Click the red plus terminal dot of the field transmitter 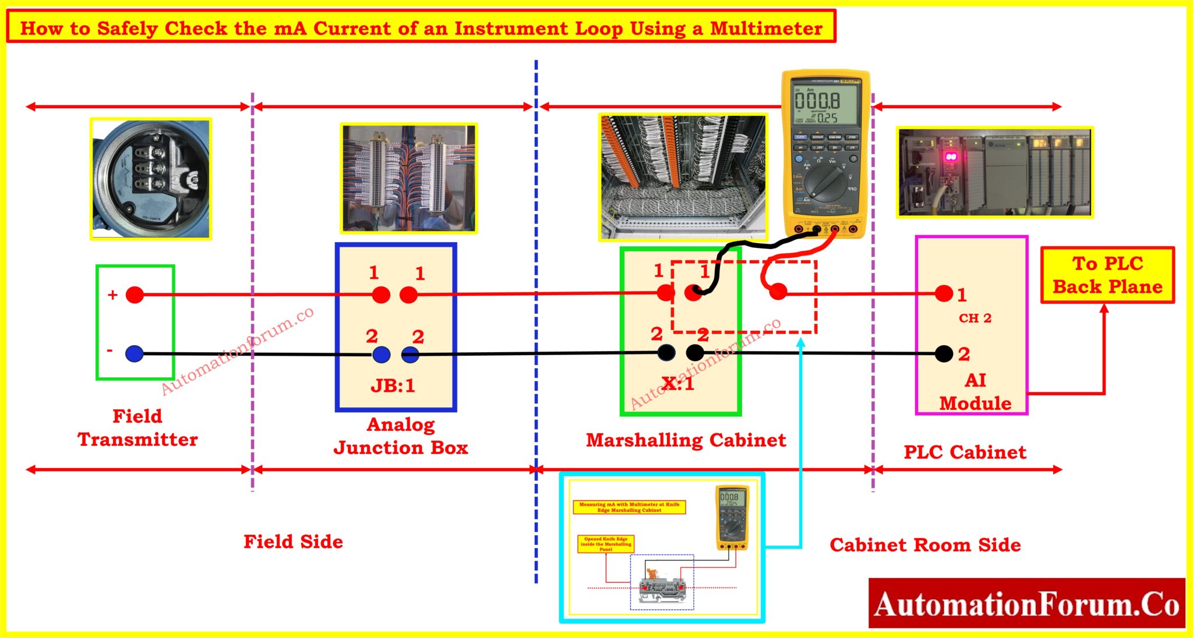(x=135, y=295)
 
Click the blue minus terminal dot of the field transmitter (x=135, y=353)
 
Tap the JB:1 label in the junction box (x=393, y=385)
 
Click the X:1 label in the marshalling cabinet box (x=678, y=384)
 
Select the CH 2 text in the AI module (x=975, y=318)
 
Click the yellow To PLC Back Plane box (x=1107, y=275)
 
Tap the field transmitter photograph (x=150, y=179)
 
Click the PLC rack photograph (x=994, y=173)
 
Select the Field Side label (x=293, y=542)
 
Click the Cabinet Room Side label (x=925, y=545)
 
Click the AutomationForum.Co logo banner (x=1026, y=604)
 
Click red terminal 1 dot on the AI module (x=944, y=293)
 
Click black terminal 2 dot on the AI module (x=944, y=353)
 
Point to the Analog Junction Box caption (x=401, y=436)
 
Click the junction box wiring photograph (x=409, y=179)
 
